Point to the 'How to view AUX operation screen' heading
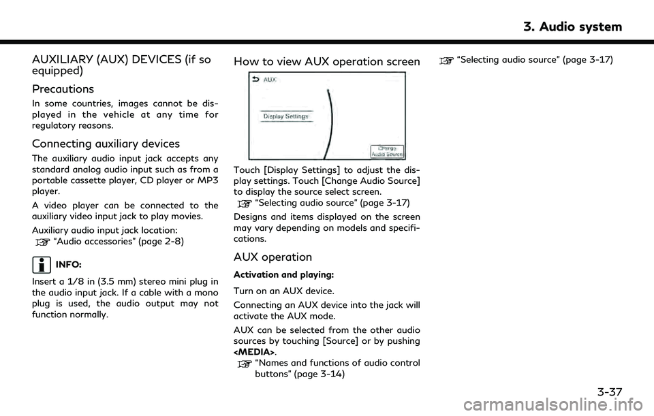(x=327, y=62)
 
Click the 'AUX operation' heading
(x=272, y=257)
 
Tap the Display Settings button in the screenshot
(x=286, y=116)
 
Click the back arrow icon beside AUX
(x=255, y=79)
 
